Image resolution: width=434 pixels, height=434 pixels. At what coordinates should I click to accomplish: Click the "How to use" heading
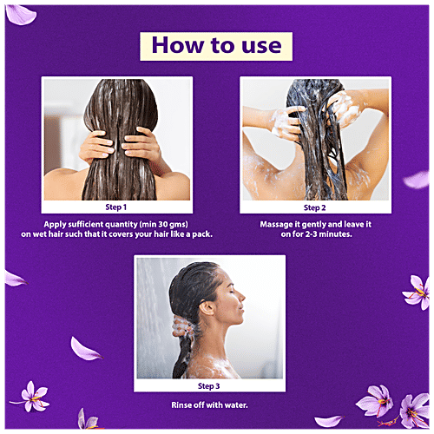[216, 45]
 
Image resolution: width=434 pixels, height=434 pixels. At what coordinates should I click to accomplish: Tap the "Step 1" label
[115, 207]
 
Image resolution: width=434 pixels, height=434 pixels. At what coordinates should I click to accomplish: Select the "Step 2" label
[314, 207]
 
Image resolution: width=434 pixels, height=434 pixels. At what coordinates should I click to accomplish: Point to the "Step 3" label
[208, 386]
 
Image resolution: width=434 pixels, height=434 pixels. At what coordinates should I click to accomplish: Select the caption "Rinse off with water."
[209, 404]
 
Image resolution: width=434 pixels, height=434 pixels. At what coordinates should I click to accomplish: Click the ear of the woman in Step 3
[207, 308]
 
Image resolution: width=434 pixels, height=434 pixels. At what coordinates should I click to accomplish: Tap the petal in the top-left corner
[21, 15]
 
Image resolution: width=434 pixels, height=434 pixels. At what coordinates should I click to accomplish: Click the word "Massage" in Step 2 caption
[276, 225]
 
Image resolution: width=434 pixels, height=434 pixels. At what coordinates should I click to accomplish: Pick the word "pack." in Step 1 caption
[202, 234]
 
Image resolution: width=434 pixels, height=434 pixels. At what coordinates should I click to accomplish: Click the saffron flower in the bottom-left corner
[32, 397]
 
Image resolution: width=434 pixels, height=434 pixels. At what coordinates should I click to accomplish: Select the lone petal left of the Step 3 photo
[85, 349]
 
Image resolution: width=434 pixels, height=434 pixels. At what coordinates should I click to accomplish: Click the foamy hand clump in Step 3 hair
[181, 326]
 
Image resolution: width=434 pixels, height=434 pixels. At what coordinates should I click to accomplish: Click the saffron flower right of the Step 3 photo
[417, 293]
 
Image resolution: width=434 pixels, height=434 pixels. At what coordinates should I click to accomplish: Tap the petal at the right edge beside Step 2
[417, 180]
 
